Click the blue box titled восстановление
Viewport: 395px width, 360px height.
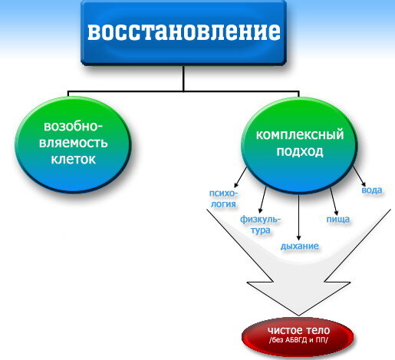coord(183,32)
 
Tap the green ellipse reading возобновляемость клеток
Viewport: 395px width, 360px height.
coord(74,144)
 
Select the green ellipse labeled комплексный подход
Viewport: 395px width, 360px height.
coord(300,144)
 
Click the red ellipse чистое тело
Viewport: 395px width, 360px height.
coord(298,336)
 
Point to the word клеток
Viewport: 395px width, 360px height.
coord(74,160)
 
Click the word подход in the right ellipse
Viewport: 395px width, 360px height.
coord(300,151)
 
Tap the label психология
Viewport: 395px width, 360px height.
coord(223,199)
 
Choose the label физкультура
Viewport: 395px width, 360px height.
coord(260,225)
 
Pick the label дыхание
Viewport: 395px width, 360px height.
coord(300,246)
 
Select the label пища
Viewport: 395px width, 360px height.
coord(338,220)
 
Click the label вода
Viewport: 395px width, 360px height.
coord(372,190)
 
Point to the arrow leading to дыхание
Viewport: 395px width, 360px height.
coord(298,217)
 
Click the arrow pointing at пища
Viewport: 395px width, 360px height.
coord(334,201)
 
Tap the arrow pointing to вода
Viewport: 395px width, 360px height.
coord(359,176)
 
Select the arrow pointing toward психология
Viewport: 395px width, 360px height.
coord(241,177)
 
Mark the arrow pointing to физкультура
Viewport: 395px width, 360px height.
coord(262,200)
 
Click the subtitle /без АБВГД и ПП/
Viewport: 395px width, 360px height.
coord(298,340)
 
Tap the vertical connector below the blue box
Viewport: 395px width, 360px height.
coord(183,78)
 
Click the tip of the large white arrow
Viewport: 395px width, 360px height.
coord(298,315)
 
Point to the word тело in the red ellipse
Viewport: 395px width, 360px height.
coord(318,330)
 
